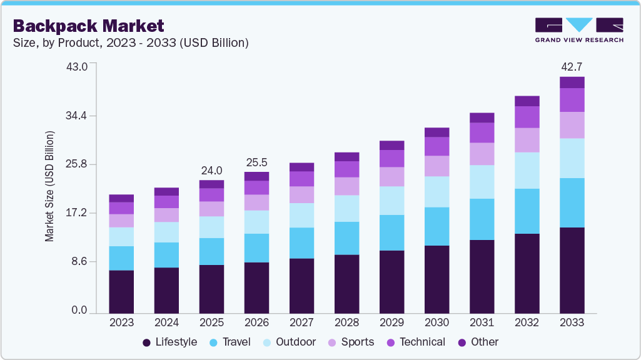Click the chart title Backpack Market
pyautogui.click(x=88, y=26)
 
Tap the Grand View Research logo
pyautogui.click(x=578, y=29)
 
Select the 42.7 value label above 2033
pyautogui.click(x=572, y=67)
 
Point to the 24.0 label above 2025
pyautogui.click(x=211, y=170)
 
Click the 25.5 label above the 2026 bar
pyautogui.click(x=256, y=162)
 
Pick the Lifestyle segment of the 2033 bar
pyautogui.click(x=572, y=270)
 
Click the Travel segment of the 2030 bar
pyautogui.click(x=437, y=226)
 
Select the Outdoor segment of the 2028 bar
pyautogui.click(x=346, y=208)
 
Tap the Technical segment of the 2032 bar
pyautogui.click(x=527, y=117)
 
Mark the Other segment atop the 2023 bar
pyautogui.click(x=121, y=198)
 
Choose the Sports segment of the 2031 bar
pyautogui.click(x=482, y=154)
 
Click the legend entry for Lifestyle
pyautogui.click(x=170, y=342)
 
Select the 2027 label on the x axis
pyautogui.click(x=301, y=322)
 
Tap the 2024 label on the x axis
pyautogui.click(x=166, y=322)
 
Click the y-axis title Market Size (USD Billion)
pyautogui.click(x=49, y=186)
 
